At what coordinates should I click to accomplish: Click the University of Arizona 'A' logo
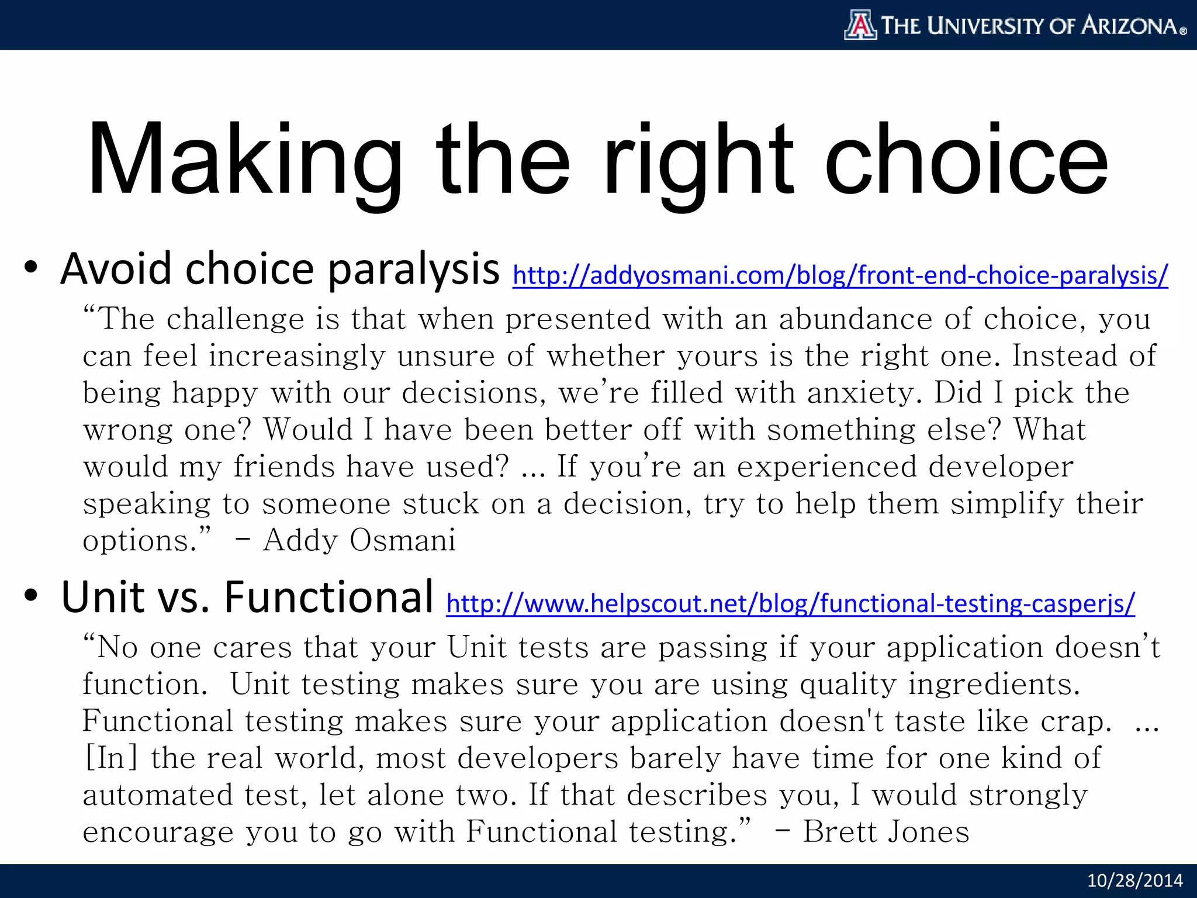pyautogui.click(x=860, y=26)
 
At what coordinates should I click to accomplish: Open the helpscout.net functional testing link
pyautogui.click(x=790, y=603)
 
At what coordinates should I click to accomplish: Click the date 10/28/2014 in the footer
pyautogui.click(x=1134, y=880)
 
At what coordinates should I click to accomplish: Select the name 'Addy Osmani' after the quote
pyautogui.click(x=359, y=540)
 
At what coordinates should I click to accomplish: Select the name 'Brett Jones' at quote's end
pyautogui.click(x=886, y=832)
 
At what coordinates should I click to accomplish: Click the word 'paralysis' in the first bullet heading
pyautogui.click(x=413, y=270)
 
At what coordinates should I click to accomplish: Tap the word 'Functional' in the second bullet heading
pyautogui.click(x=328, y=597)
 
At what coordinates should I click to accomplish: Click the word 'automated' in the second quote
pyautogui.click(x=157, y=795)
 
